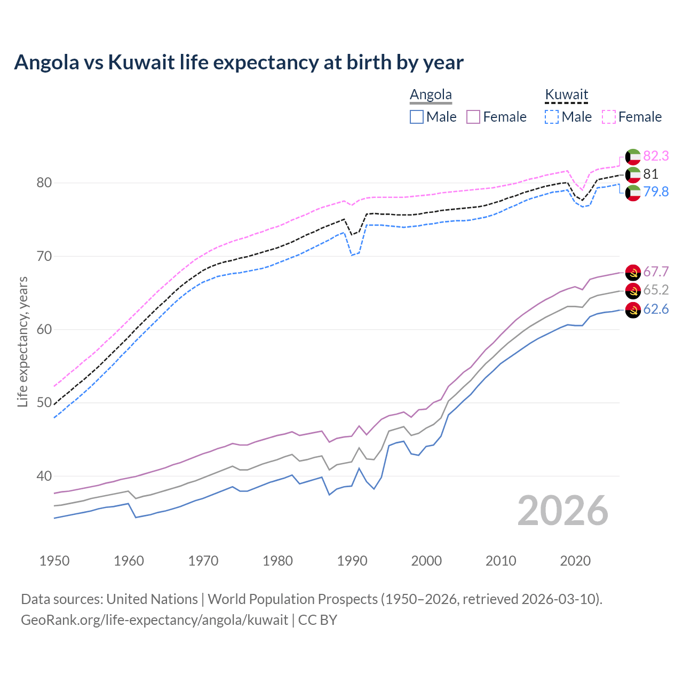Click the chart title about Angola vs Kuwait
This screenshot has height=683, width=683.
(x=239, y=62)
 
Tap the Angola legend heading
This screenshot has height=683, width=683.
(x=431, y=95)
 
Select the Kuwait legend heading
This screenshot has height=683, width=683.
(x=566, y=95)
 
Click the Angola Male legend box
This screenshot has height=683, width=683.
(x=417, y=117)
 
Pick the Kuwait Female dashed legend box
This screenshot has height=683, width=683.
(x=609, y=117)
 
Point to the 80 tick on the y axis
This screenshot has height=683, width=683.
(x=44, y=183)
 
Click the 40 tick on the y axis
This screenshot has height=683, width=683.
(x=44, y=476)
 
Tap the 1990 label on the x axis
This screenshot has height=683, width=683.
(x=352, y=561)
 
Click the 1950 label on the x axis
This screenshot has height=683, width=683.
(x=54, y=561)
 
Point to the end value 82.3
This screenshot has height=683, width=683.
(x=656, y=156)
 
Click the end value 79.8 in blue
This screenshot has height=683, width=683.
(x=656, y=192)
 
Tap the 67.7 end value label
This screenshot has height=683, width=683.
(x=656, y=272)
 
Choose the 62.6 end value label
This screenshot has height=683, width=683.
(x=656, y=309)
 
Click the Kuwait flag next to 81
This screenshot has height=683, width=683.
(x=633, y=174)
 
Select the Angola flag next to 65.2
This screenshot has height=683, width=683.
(x=633, y=291)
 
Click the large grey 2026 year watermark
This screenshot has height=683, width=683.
(x=562, y=511)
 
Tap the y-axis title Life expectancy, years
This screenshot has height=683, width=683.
(x=22, y=341)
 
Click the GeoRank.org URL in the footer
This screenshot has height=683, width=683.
(x=154, y=620)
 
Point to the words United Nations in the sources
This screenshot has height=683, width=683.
(x=152, y=599)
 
